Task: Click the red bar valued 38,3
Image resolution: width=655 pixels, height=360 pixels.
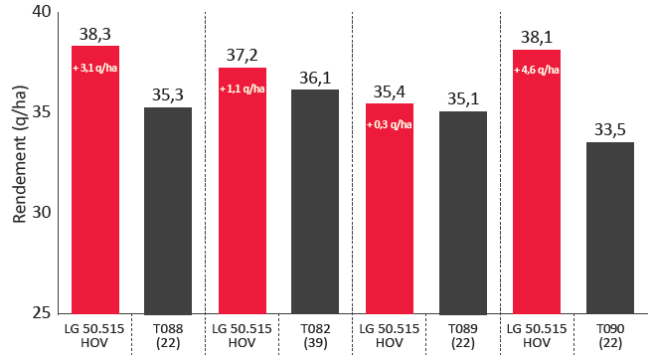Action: point(95,179)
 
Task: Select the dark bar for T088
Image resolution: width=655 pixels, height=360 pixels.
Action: point(168,211)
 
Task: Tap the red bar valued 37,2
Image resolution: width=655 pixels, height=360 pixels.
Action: point(243,191)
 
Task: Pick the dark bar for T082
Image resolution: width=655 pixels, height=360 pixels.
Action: point(315,202)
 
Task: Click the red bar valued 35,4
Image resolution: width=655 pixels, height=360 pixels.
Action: point(390,209)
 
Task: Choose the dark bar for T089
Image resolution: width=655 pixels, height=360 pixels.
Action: point(463,213)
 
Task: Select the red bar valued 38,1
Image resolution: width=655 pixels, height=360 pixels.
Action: point(537,182)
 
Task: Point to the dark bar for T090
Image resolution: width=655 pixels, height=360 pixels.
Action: point(610,228)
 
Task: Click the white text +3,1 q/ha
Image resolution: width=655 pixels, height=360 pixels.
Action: point(94,68)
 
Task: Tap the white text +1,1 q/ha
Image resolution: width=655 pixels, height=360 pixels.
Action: point(243,90)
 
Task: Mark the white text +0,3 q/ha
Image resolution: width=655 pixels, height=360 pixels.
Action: point(390,124)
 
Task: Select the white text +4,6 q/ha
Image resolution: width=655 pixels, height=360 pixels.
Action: point(537,70)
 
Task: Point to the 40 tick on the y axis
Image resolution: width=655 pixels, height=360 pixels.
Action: point(42,12)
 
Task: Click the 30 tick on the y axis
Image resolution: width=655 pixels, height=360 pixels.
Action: point(42,213)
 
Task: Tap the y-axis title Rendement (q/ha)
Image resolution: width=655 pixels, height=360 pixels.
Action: point(19,154)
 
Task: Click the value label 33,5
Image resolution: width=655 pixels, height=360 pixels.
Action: point(610,130)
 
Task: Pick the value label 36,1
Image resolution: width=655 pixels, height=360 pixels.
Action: point(315,78)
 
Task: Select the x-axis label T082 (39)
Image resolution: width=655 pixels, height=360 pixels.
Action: point(315,336)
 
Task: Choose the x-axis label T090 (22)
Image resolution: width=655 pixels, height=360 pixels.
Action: point(610,336)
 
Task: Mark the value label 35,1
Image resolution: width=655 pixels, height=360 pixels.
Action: point(463,98)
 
